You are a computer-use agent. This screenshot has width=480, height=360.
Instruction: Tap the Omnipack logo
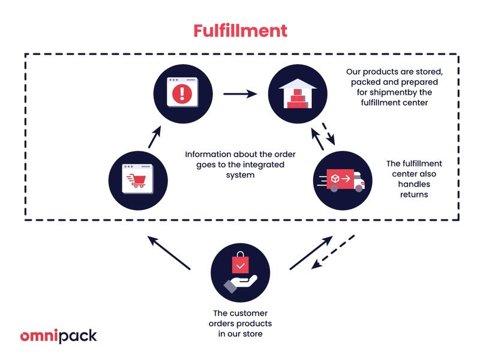coord(58,336)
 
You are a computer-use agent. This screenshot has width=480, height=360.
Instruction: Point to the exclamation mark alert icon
coord(182,94)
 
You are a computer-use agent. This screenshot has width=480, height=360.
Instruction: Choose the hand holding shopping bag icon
coord(240,272)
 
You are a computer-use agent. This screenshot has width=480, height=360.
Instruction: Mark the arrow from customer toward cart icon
coord(169,252)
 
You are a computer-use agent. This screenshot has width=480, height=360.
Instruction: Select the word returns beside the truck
coord(415,195)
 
